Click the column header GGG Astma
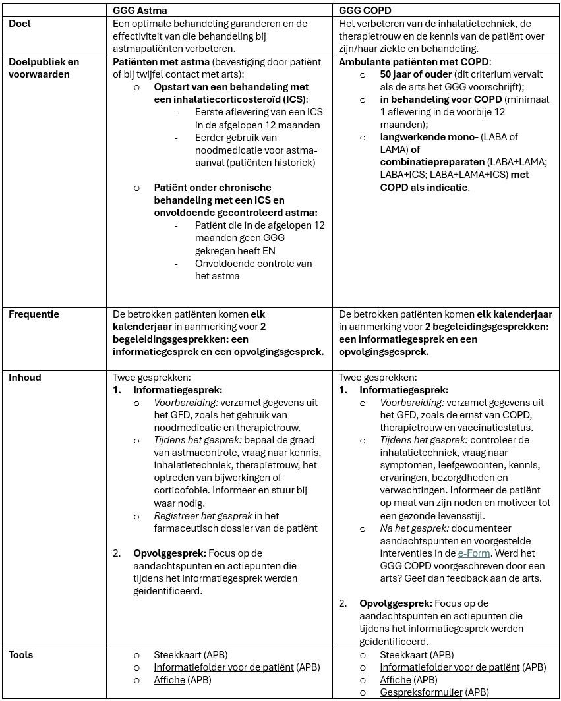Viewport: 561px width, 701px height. (140, 11)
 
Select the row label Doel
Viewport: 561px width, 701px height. (20, 24)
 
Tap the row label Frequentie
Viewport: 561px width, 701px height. (34, 314)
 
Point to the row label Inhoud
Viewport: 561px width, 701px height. (25, 378)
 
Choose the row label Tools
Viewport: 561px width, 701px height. (21, 655)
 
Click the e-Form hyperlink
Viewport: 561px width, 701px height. (474, 553)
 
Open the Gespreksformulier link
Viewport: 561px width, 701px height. (421, 692)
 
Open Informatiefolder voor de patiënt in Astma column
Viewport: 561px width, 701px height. (223, 667)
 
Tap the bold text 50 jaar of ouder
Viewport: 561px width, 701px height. (416, 74)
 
